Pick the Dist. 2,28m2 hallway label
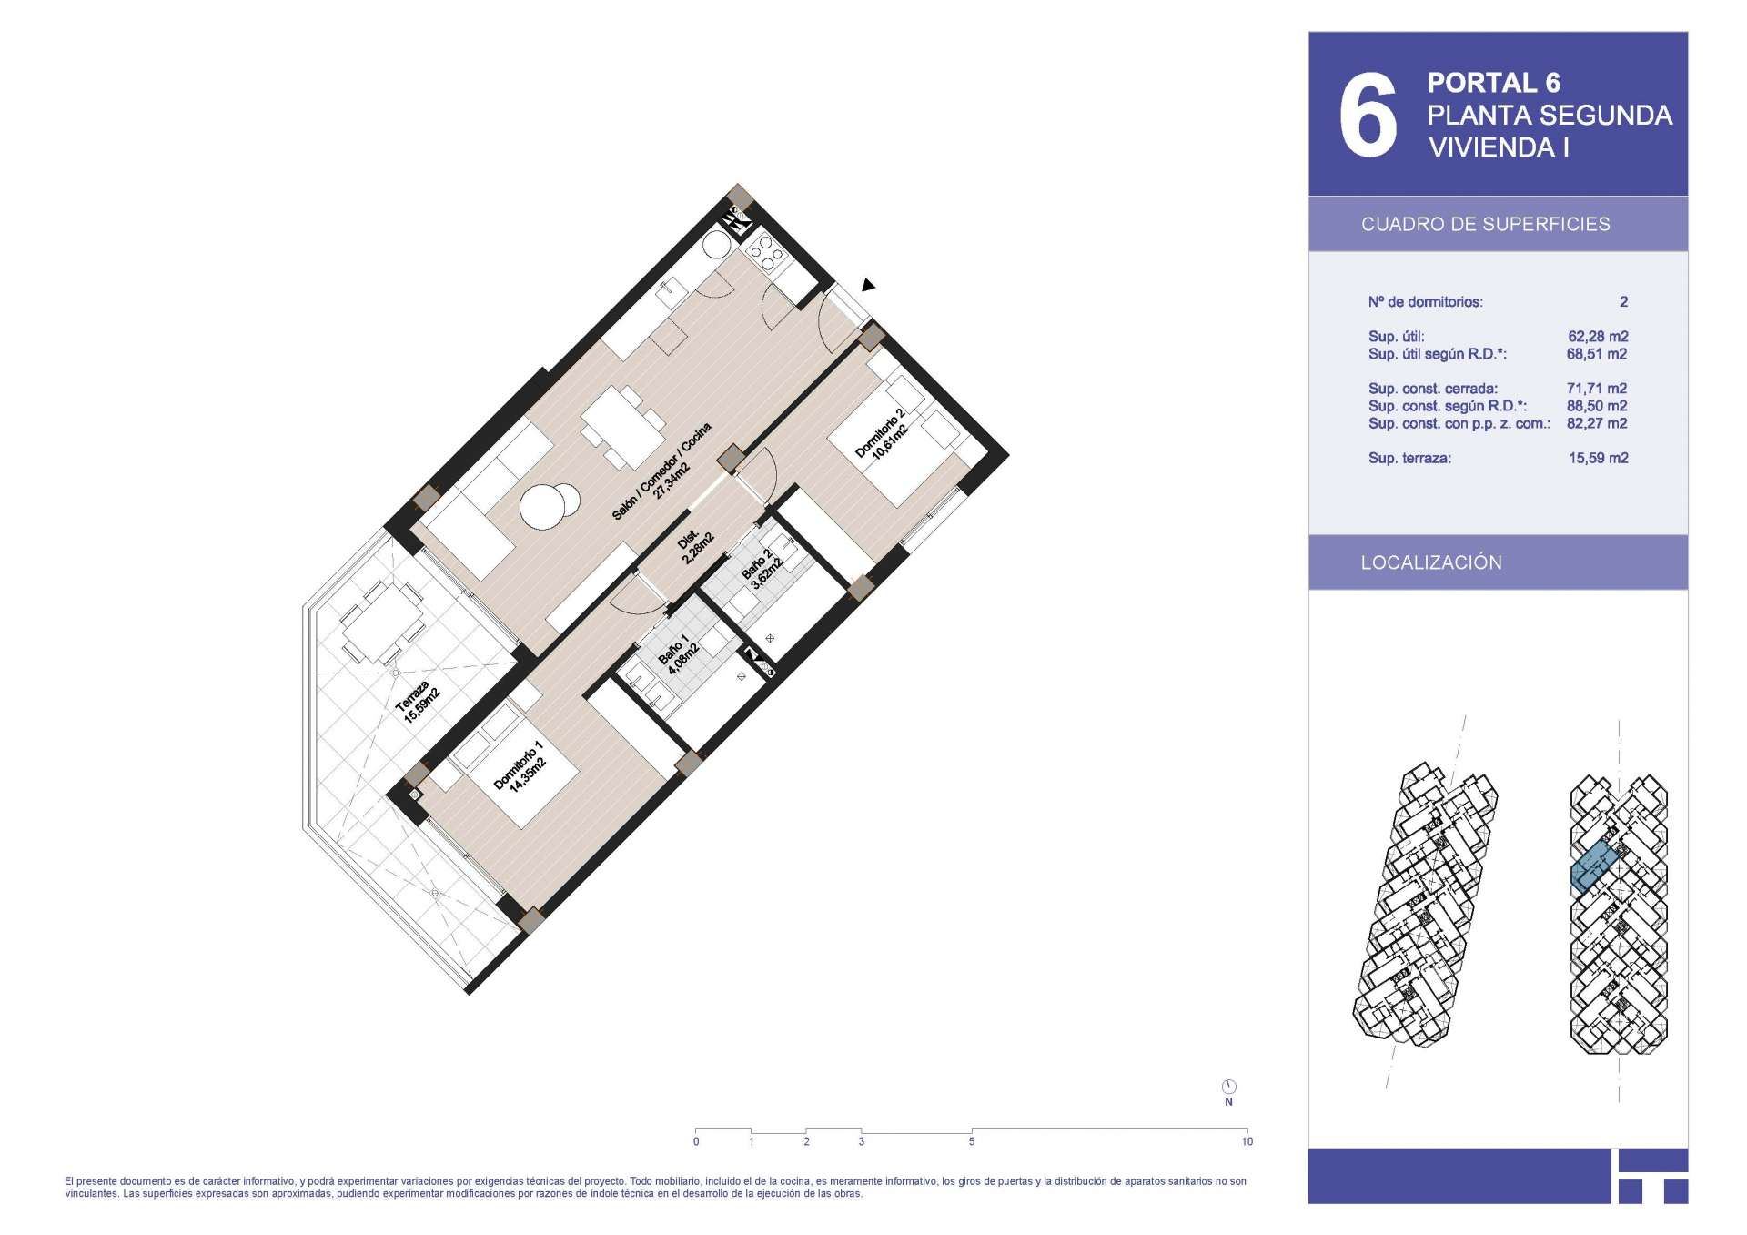click(x=695, y=547)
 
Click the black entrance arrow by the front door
click(x=868, y=285)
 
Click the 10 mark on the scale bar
click(x=1247, y=1141)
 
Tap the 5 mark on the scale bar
click(x=972, y=1141)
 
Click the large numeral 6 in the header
click(x=1368, y=115)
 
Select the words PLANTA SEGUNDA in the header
click(x=1550, y=116)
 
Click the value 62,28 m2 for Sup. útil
click(x=1598, y=337)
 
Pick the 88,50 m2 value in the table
click(x=1598, y=406)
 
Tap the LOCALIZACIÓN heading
click(x=1431, y=562)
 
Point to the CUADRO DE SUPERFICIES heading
click(x=1485, y=224)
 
